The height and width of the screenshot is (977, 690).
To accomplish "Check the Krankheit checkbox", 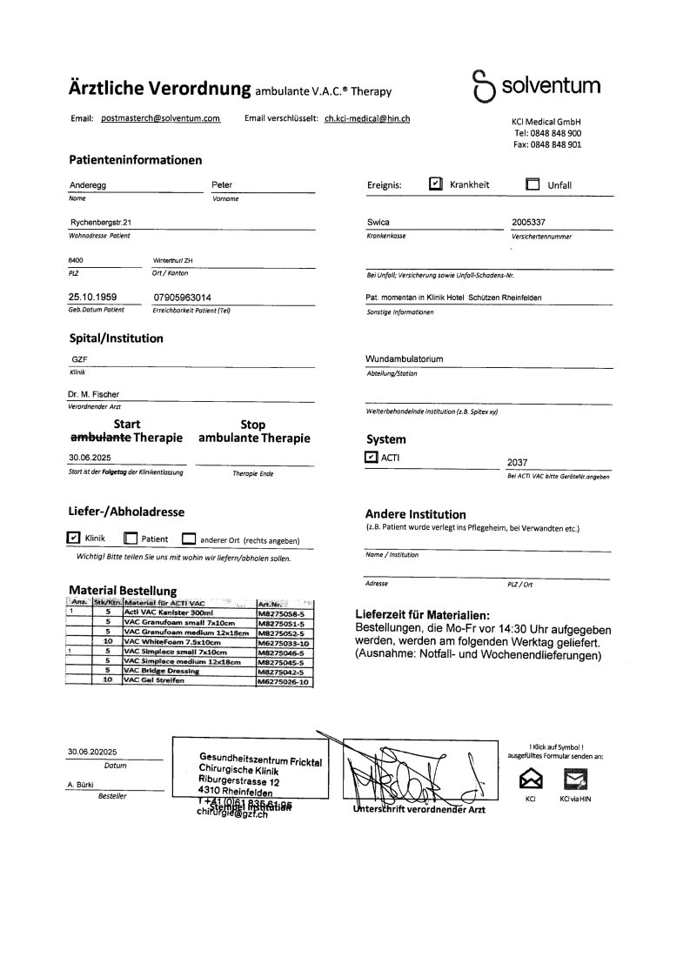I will (436, 184).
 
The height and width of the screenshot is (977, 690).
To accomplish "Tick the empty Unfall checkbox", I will (533, 184).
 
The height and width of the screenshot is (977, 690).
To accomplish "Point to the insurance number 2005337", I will (529, 223).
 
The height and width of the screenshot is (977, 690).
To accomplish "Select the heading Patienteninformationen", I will (135, 160).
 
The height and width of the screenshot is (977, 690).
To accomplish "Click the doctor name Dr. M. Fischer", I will (94, 394).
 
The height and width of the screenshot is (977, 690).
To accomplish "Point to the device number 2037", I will (517, 464).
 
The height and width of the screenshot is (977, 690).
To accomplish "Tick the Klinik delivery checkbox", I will (73, 538).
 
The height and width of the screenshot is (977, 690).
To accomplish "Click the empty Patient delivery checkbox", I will (131, 539).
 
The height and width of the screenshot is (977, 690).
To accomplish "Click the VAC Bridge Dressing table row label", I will (163, 671).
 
